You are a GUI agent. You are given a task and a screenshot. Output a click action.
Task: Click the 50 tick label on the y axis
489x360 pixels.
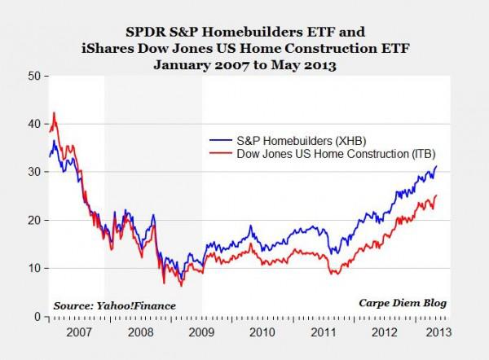[34, 76]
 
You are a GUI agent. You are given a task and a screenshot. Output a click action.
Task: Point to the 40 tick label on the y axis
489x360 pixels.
[34, 124]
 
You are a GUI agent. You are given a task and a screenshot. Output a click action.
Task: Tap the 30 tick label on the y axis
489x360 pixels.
[34, 172]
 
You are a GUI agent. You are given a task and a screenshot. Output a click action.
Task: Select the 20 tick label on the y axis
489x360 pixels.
[34, 220]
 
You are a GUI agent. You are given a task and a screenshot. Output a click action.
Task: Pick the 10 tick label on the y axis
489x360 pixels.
[34, 268]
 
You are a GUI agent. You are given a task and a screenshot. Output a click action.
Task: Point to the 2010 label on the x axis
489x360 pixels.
[262, 332]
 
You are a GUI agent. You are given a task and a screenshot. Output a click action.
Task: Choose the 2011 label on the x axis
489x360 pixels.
[324, 332]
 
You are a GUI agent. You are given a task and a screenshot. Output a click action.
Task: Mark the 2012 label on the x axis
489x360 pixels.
[385, 332]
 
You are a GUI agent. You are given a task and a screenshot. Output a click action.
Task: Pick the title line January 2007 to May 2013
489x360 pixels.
[244, 66]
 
